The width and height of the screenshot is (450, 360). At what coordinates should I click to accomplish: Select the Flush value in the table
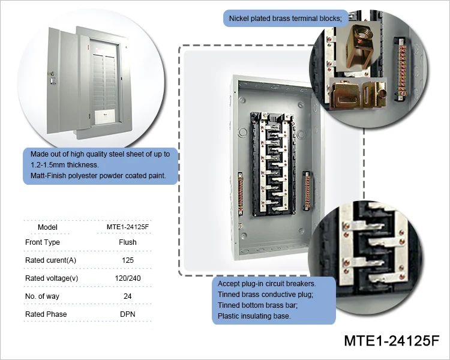(x=127, y=242)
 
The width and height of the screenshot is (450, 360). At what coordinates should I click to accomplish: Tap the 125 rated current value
(x=127, y=260)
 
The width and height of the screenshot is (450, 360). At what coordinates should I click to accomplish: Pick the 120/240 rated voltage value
(x=127, y=278)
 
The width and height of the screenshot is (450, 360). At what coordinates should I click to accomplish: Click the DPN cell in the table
(x=127, y=314)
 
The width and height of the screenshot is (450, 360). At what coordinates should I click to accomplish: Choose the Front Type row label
(x=43, y=242)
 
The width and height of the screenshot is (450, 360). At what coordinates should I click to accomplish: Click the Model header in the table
(x=47, y=227)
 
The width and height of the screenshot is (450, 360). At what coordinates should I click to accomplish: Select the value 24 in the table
(x=127, y=296)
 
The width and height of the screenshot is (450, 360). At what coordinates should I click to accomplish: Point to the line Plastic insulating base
(x=254, y=316)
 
